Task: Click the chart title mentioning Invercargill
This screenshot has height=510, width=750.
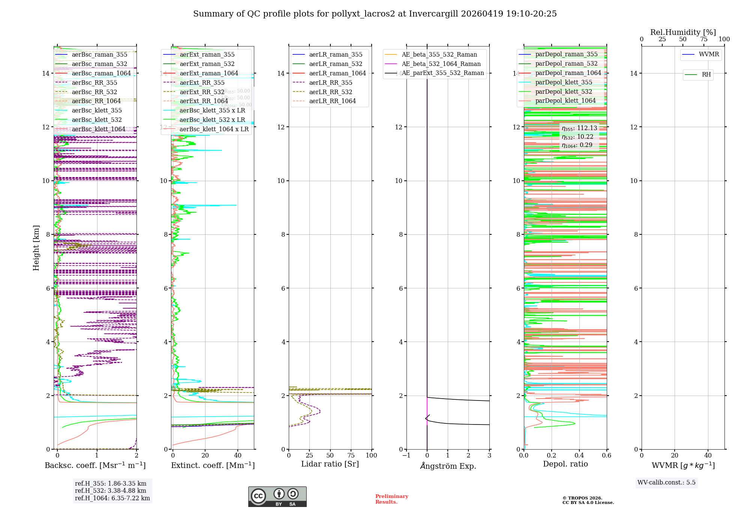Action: click(x=375, y=14)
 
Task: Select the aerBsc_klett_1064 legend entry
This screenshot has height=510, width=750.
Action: click(x=98, y=129)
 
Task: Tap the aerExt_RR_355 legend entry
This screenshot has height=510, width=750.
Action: click(x=202, y=82)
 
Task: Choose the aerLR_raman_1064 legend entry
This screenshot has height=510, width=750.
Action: click(x=337, y=73)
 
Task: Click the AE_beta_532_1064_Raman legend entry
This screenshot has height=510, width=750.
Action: click(x=441, y=64)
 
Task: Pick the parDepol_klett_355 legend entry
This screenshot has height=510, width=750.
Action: click(x=563, y=82)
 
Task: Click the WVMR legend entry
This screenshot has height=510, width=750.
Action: click(x=708, y=54)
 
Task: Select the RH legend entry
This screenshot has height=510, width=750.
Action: click(x=706, y=75)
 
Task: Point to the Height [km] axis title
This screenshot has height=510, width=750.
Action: click(x=36, y=248)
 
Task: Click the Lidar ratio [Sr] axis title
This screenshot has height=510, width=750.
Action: click(x=330, y=464)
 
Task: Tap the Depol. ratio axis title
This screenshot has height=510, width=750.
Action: click(x=565, y=464)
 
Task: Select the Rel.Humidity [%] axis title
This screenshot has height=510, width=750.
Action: click(x=683, y=32)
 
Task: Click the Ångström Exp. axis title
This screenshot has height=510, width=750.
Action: click(x=448, y=466)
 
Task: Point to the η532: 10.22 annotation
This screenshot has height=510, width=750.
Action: click(x=577, y=137)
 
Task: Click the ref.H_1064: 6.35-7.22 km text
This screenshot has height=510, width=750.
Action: click(x=112, y=498)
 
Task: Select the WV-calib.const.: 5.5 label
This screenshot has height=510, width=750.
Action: click(x=666, y=482)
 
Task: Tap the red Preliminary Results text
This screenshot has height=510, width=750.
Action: click(x=391, y=499)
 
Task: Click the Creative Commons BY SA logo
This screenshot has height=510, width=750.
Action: click(x=277, y=496)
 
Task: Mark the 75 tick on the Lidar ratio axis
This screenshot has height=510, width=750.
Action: click(x=351, y=455)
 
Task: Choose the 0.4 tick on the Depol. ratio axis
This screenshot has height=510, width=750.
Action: click(x=579, y=455)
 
